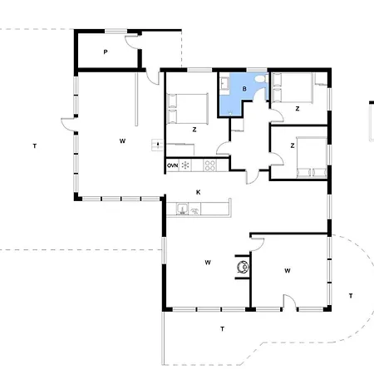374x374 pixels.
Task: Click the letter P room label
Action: coord(106,52)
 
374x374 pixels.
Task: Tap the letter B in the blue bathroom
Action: coord(244,89)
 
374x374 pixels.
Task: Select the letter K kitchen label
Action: coord(199,192)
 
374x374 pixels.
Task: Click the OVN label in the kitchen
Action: coord(172,165)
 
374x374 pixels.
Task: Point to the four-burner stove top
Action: coord(209,165)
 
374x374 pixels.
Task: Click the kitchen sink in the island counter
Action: coord(182,209)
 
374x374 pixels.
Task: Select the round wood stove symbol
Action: coord(244,267)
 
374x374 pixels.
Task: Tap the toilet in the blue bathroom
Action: coord(261,79)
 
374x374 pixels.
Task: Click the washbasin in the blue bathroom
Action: coord(224,83)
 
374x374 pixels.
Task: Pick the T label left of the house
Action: coord(35,146)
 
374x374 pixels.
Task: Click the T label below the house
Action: coord(222,329)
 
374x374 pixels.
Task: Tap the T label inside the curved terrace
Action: coord(351,296)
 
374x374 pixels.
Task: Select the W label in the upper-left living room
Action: coord(122,141)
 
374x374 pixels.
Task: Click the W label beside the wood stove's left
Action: coord(208,263)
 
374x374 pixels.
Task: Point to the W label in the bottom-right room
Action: coord(288,271)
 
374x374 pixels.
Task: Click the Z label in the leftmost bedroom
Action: coord(194,130)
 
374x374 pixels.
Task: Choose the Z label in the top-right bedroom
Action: coord(298,109)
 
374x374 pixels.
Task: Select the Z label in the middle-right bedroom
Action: coord(293,145)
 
